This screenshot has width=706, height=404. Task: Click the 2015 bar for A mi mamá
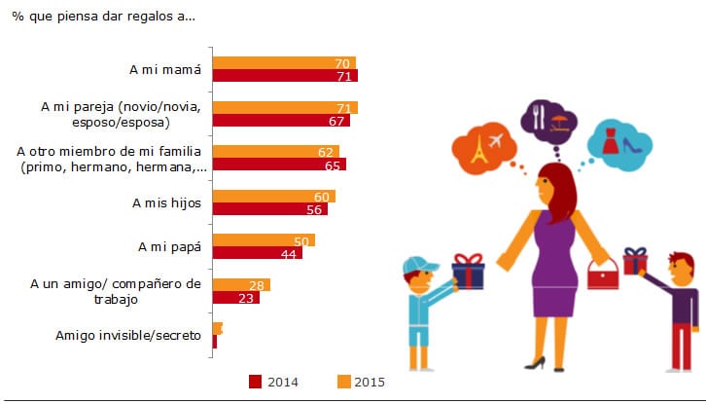pyautogui.click(x=284, y=62)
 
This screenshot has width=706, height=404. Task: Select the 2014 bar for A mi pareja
pyautogui.click(x=281, y=120)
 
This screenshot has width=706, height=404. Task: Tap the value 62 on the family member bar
pyautogui.click(x=326, y=151)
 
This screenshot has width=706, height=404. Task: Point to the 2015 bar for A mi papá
pyautogui.click(x=264, y=239)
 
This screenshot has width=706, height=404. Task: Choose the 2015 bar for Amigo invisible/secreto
pyautogui.click(x=218, y=328)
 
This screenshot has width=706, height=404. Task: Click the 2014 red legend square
pyautogui.click(x=257, y=382)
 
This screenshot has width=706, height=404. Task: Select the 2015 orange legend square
pyautogui.click(x=342, y=382)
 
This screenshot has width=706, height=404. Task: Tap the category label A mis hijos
pyautogui.click(x=166, y=202)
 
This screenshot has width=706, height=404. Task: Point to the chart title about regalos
pyautogui.click(x=96, y=18)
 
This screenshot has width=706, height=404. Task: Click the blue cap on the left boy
pyautogui.click(x=420, y=266)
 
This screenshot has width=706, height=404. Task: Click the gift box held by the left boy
pyautogui.click(x=469, y=272)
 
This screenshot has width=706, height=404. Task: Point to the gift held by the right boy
pyautogui.click(x=636, y=262)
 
